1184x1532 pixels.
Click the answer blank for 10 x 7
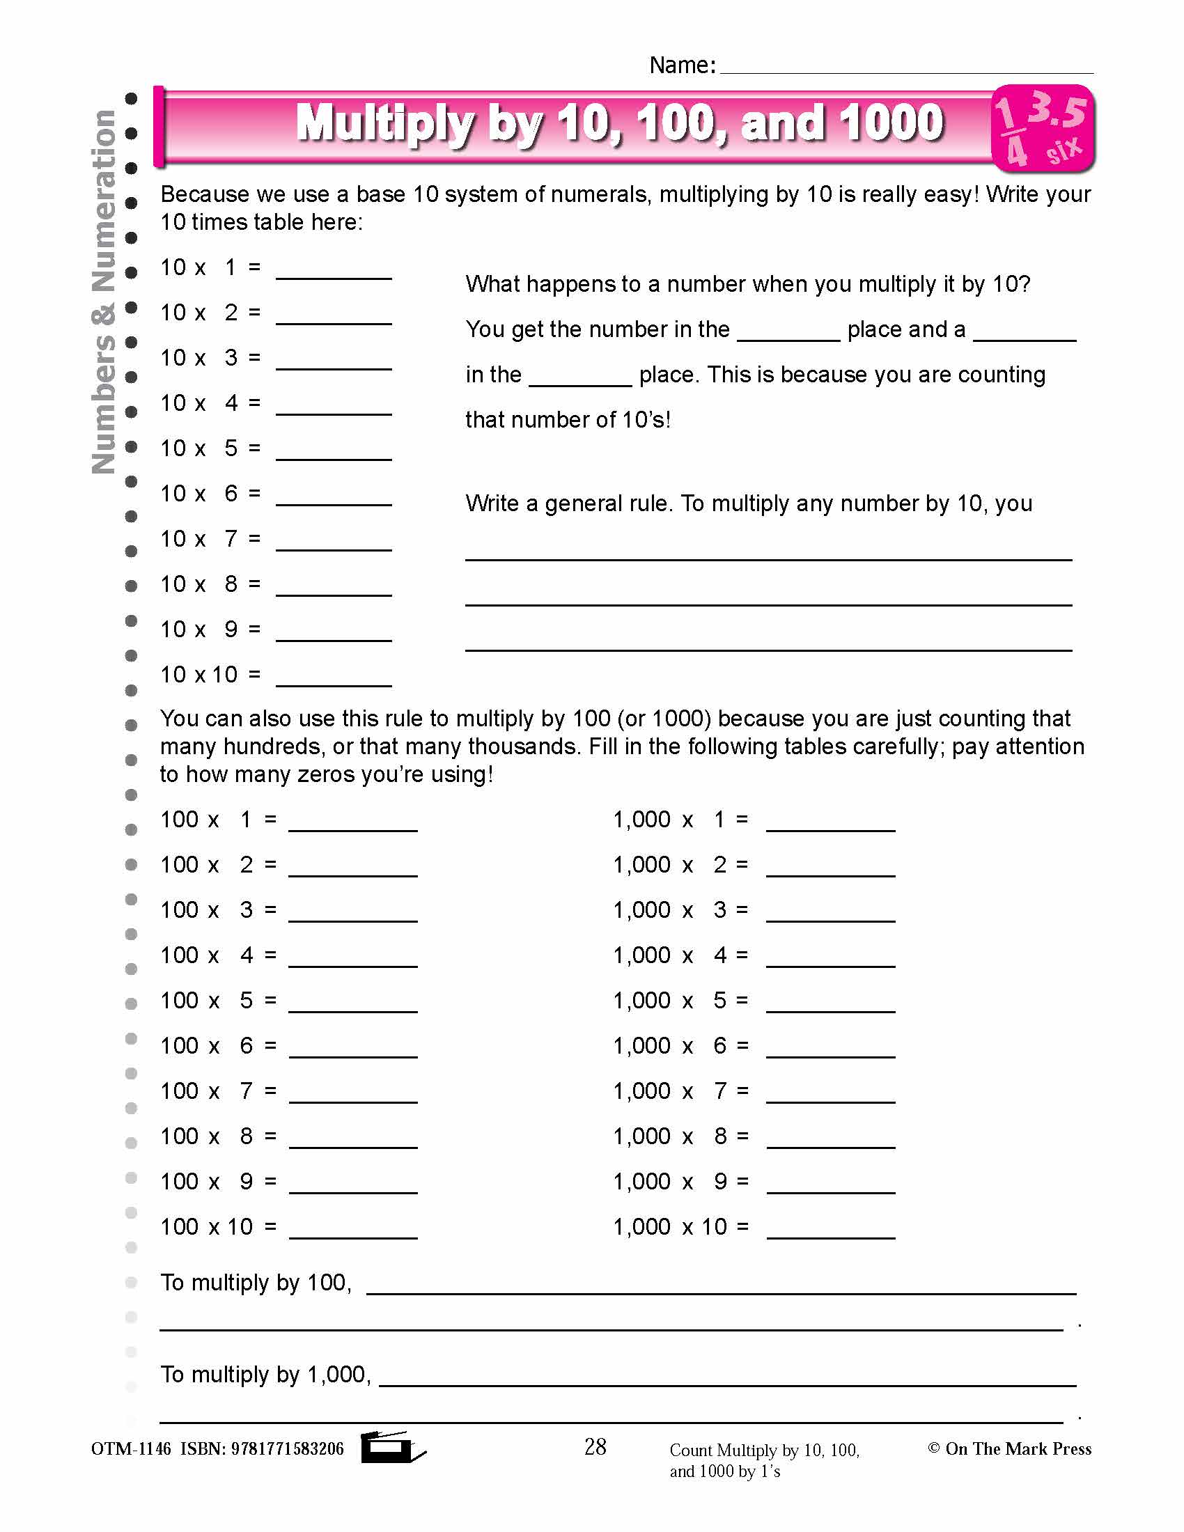coord(333,544)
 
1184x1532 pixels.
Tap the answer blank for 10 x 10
coord(333,679)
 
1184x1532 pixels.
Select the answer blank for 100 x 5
coord(353,1004)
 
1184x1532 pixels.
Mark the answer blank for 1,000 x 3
coord(830,914)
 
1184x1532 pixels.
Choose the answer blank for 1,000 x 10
coord(830,1231)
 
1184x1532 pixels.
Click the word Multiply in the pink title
coord(384,123)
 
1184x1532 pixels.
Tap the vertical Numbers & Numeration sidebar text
coord(104,291)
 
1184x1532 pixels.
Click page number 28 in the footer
coord(595,1446)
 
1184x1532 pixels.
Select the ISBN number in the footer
coord(287,1448)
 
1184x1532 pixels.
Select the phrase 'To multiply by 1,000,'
coord(265,1374)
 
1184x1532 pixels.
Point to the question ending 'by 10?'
coord(748,284)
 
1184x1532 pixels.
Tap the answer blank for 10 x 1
coord(333,272)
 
